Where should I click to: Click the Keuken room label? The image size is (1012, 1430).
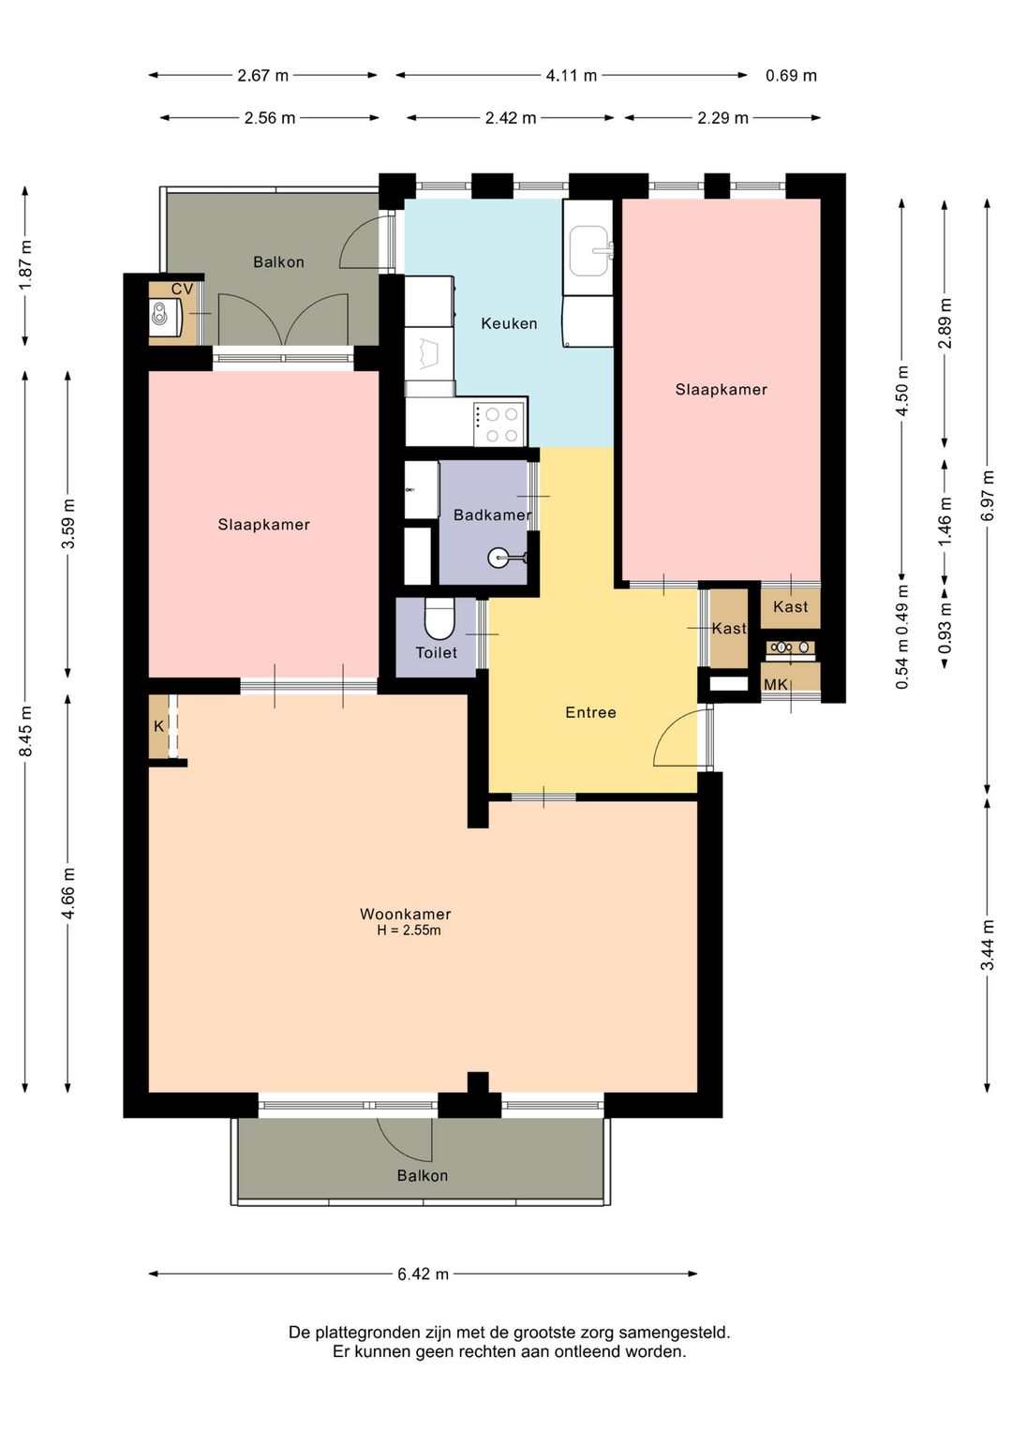click(x=509, y=323)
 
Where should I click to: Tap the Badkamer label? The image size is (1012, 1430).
click(x=492, y=514)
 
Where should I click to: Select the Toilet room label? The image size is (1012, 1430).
click(x=436, y=652)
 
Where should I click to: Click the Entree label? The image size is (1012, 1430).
click(x=590, y=712)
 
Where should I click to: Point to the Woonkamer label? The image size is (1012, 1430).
click(x=406, y=914)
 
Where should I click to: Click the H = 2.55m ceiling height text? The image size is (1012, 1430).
click(x=409, y=931)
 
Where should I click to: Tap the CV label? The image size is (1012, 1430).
click(x=182, y=290)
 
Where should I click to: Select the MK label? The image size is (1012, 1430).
click(x=776, y=685)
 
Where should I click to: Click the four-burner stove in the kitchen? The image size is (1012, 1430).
click(x=499, y=425)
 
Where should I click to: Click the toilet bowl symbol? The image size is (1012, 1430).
click(x=439, y=618)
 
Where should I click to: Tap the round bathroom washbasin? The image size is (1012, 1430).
click(x=498, y=558)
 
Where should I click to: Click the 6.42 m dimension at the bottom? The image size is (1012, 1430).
click(x=423, y=1274)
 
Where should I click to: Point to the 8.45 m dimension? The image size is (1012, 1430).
click(x=25, y=732)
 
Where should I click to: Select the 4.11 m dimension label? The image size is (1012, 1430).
click(x=572, y=75)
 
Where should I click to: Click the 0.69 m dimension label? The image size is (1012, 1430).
click(x=791, y=75)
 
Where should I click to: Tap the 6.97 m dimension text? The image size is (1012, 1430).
click(x=988, y=496)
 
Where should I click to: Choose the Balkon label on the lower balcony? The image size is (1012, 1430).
click(x=422, y=1175)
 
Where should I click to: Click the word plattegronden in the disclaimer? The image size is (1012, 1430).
click(x=361, y=1333)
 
